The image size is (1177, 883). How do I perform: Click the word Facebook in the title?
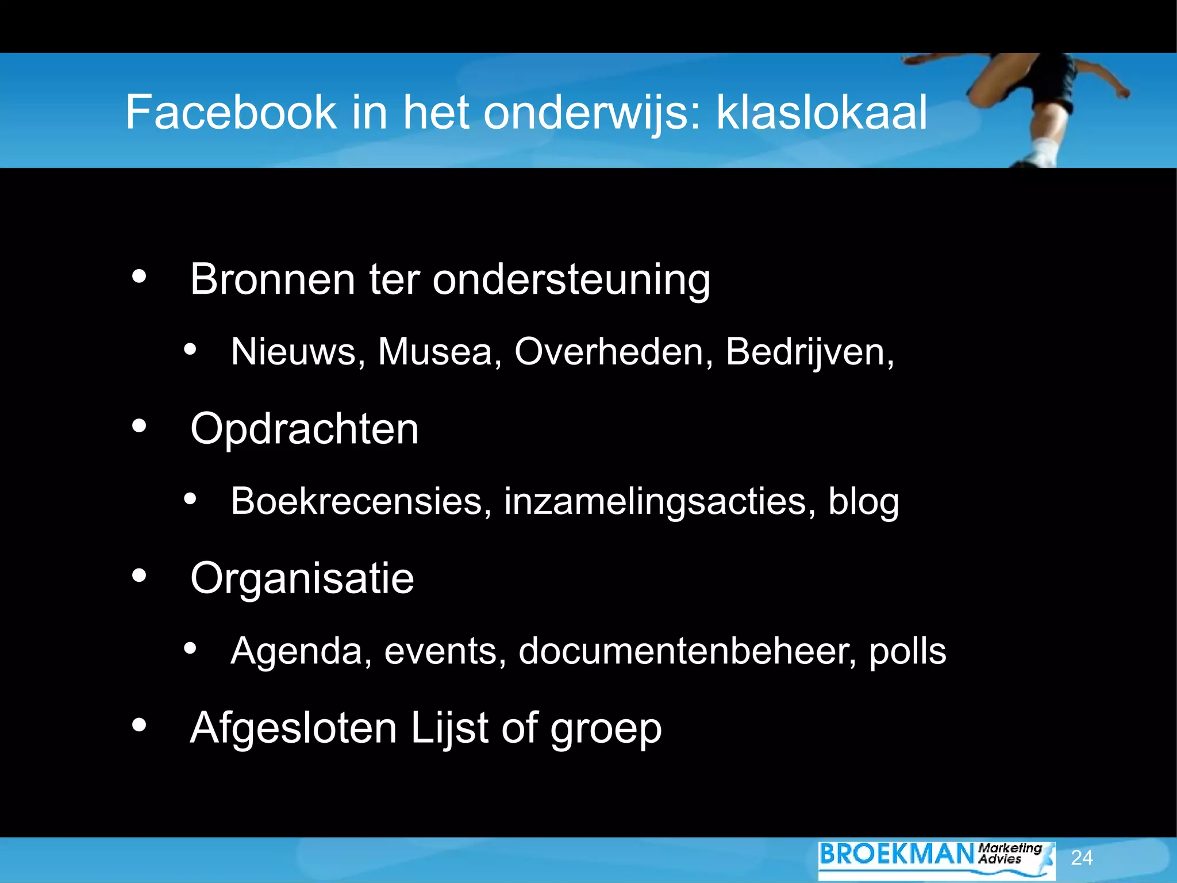[230, 112]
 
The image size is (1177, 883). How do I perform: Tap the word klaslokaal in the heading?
[821, 112]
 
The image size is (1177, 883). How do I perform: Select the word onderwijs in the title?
[591, 113]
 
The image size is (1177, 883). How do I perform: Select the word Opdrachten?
[305, 429]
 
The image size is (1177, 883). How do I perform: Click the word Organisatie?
[302, 579]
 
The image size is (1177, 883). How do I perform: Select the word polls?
[907, 652]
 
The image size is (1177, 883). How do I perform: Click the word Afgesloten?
[293, 728]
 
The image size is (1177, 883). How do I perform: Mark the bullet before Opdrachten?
[139, 427]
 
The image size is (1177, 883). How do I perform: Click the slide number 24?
[1082, 858]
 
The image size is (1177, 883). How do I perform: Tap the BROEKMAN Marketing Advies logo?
[936, 858]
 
